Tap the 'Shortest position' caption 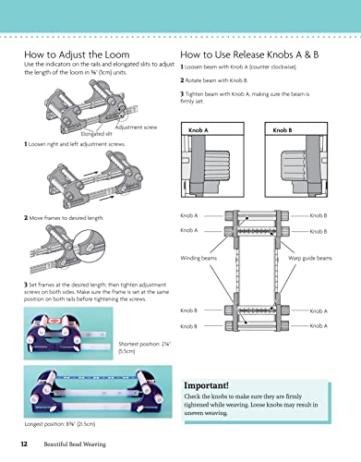coord(125,342)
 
